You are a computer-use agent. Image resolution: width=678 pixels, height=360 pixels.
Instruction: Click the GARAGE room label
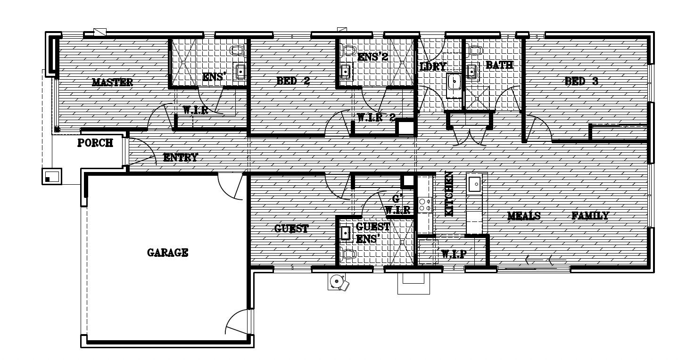[168, 253]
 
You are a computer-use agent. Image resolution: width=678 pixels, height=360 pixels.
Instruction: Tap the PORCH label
[95, 143]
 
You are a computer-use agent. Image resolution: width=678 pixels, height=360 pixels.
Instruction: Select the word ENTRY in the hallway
[181, 157]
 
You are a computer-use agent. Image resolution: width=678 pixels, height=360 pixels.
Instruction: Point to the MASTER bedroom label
[112, 82]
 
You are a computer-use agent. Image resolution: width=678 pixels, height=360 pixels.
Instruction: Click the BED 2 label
[293, 81]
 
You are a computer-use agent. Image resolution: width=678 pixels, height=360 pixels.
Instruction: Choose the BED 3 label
[581, 81]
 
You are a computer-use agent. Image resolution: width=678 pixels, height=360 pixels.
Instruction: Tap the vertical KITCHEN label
[449, 194]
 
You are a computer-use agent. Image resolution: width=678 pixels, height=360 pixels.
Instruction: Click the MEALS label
[524, 216]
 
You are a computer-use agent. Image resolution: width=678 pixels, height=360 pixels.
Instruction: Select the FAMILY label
[590, 215]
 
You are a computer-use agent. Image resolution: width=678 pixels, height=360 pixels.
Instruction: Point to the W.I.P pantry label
[454, 254]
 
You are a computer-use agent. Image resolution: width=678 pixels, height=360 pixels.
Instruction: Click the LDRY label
[433, 66]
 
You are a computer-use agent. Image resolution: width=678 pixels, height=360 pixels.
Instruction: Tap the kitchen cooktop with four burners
[425, 205]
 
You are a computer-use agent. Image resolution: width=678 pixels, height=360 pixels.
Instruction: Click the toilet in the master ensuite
[238, 50]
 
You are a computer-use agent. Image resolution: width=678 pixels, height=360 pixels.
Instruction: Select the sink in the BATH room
[471, 72]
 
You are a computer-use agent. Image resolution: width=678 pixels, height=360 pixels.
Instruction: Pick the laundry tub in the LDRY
[454, 82]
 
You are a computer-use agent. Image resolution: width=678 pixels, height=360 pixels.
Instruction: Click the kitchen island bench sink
[474, 184]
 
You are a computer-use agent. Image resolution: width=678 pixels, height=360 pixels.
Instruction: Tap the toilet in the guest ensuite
[348, 254]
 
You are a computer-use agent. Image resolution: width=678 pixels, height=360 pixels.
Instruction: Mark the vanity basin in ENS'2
[345, 72]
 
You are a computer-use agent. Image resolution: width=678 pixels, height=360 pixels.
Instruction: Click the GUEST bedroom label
[291, 229]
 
